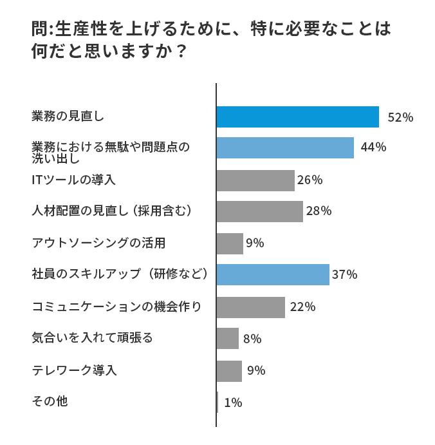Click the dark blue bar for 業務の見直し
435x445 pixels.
click(297, 117)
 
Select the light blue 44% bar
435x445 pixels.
click(285, 147)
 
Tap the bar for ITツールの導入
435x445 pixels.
click(255, 180)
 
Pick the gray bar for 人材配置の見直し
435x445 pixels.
click(259, 211)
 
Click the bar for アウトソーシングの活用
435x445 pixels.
click(230, 243)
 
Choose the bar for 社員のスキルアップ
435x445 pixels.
click(273, 274)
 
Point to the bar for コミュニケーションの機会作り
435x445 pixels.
click(250, 307)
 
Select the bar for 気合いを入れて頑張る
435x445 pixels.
click(228, 338)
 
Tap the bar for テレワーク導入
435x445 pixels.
click(229, 370)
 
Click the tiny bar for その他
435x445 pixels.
click(217, 402)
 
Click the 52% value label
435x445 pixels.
click(400, 117)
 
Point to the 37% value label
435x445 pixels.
click(344, 275)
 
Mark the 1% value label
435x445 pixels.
click(233, 402)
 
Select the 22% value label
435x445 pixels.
click(302, 307)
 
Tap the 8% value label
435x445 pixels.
click(252, 339)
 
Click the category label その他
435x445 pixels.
click(50, 401)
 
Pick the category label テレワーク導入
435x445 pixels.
click(74, 370)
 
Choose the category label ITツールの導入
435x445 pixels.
click(73, 180)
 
